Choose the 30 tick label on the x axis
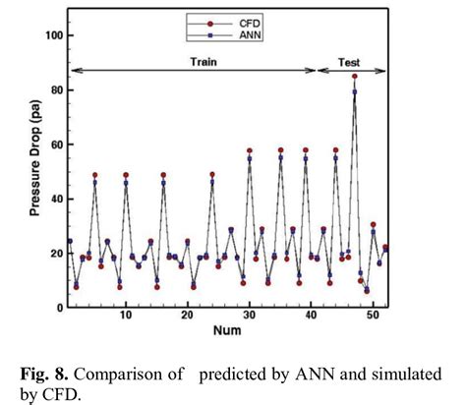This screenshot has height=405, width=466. [249, 314]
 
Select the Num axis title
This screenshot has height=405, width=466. [223, 331]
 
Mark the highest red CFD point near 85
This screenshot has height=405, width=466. [355, 77]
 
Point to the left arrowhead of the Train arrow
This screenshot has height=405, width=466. [71, 70]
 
